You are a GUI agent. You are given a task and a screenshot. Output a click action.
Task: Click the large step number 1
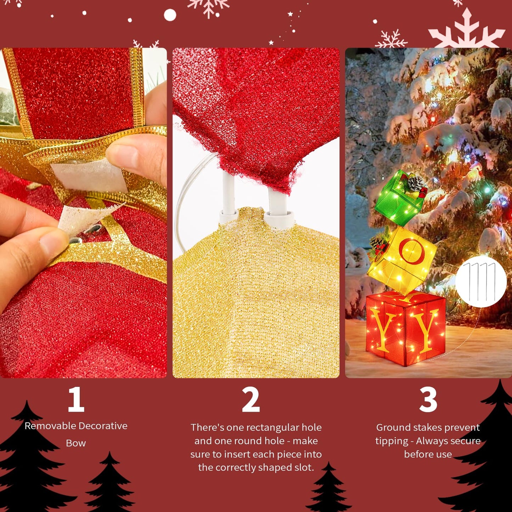(76, 399)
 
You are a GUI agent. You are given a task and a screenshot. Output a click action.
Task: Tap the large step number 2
(251, 400)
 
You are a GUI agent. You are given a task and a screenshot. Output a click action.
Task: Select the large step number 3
(428, 400)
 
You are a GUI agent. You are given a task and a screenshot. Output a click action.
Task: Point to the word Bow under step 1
(76, 443)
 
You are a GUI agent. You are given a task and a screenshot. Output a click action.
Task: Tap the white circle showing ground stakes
(481, 282)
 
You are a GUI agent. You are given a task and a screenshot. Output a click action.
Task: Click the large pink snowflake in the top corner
(466, 30)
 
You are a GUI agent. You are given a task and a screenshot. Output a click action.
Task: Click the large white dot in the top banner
(170, 15)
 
